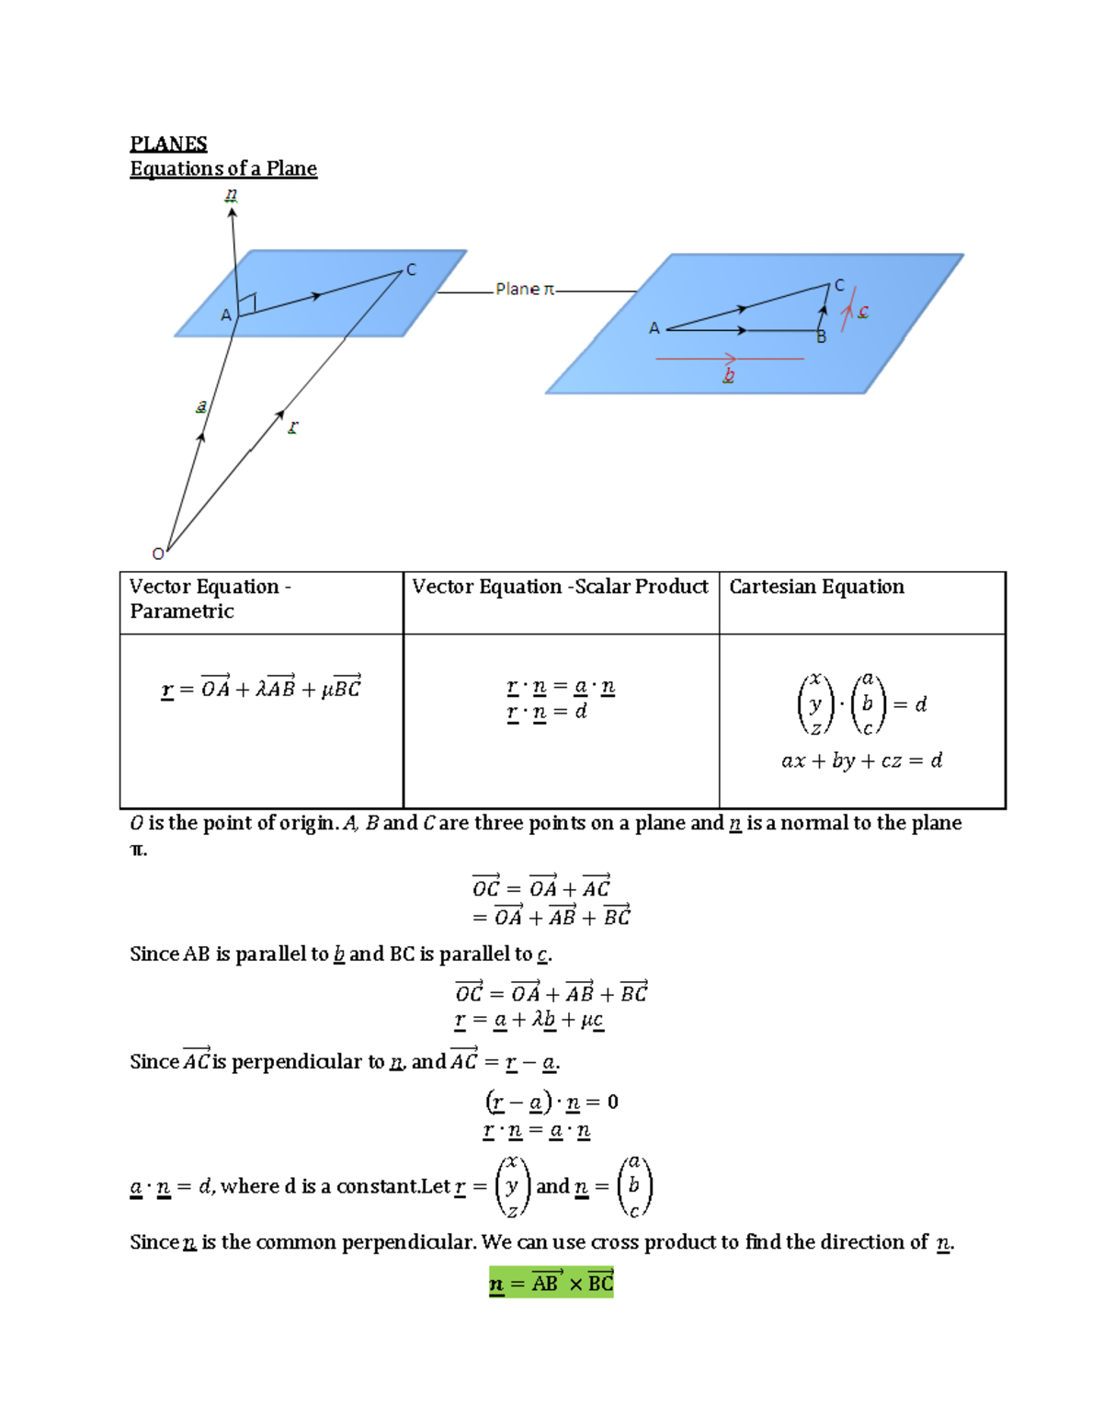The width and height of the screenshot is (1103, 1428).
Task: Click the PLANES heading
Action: coord(168,144)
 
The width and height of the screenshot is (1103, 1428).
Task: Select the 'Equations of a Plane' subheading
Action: coord(223,169)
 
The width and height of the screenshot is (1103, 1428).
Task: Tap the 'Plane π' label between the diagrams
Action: coord(525,290)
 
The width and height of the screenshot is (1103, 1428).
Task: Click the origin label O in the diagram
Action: coord(158,554)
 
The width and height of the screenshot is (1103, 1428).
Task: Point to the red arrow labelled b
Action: coord(729,359)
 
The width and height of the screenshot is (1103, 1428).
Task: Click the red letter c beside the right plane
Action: coord(863,312)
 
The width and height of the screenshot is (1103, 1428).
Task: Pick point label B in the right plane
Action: coord(822,338)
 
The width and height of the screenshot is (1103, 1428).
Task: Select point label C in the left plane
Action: coord(411,270)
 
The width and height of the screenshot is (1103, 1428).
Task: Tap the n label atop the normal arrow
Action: coord(231,195)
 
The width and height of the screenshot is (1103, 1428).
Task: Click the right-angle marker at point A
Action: coord(246,303)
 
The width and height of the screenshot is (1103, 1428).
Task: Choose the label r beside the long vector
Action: coord(293,428)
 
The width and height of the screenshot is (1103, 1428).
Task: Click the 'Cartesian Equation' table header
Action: coord(816,587)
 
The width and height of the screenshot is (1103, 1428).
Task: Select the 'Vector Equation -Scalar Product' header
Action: coord(560,587)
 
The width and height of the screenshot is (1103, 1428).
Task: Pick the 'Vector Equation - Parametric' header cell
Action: coord(210,599)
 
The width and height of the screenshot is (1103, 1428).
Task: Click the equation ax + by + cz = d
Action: coord(861,761)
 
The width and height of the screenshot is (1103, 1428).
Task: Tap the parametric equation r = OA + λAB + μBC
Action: coord(261,688)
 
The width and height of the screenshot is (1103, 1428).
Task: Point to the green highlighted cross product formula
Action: coord(551,1283)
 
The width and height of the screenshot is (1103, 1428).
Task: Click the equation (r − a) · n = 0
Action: coord(551,1102)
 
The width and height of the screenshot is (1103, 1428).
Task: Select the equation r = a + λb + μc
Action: coord(529,1020)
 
